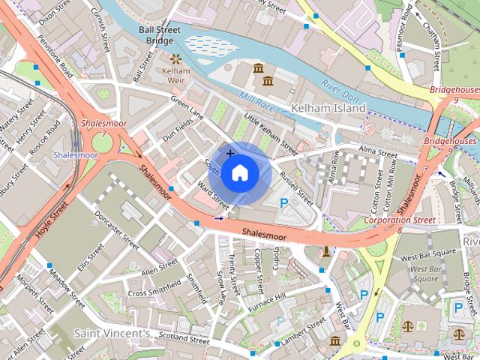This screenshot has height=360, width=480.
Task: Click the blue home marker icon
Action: (x=239, y=173)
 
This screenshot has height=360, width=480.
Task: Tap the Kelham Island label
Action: (x=328, y=108)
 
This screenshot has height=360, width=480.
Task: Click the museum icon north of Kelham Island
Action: (x=259, y=69)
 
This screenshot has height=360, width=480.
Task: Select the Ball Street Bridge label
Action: (x=159, y=35)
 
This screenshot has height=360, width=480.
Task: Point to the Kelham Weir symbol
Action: (x=176, y=58)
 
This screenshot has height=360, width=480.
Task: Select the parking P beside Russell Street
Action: (x=284, y=202)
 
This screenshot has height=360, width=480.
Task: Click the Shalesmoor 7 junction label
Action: (x=105, y=127)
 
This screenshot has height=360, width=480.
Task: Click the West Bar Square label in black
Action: (x=428, y=257)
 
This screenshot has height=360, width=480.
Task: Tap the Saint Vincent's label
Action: (x=112, y=332)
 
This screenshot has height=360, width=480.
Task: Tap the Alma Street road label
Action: (x=377, y=153)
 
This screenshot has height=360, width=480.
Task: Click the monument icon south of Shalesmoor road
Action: (x=326, y=251)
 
